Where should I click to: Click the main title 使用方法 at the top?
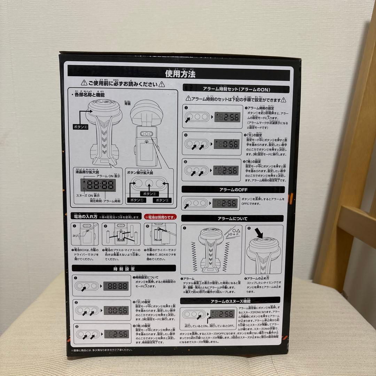tap(180, 74)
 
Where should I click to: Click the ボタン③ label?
tap(163, 200)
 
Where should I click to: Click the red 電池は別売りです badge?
tap(160, 217)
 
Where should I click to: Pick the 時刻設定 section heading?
tap(124, 268)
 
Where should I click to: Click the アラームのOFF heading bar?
tap(233, 189)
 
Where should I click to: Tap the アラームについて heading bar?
tap(233, 218)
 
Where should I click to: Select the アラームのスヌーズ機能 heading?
tap(230, 300)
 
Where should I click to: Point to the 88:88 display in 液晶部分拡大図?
tap(98, 185)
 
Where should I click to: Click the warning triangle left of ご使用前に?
tap(84, 84)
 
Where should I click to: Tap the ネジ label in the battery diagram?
tap(75, 235)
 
